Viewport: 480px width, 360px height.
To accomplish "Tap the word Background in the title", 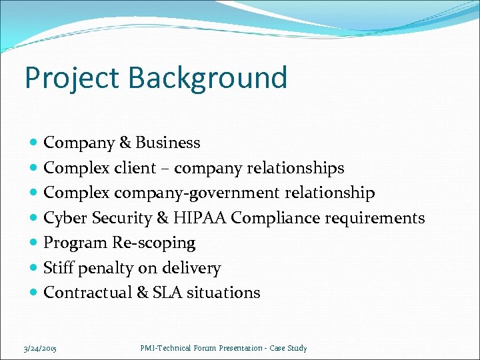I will coord(208,78).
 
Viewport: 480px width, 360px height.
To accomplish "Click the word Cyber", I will coord(65,218).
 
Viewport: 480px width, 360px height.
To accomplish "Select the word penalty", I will coord(105,268).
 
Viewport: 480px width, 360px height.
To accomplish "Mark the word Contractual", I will coord(88,293).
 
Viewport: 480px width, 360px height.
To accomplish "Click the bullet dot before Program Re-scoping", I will coord(35,243).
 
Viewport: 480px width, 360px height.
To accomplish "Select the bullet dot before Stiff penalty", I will coord(35,269).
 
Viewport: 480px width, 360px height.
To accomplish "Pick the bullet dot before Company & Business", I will coord(35,143).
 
